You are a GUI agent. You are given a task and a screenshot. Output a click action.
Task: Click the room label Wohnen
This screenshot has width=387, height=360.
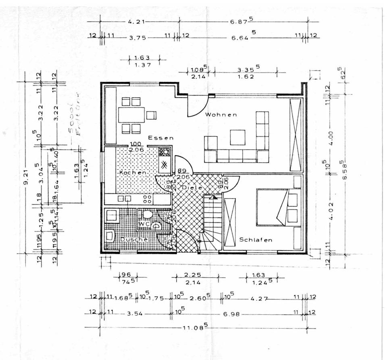pyautogui.click(x=221, y=115)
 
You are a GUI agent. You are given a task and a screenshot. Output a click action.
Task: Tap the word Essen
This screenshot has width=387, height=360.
pyautogui.click(x=160, y=138)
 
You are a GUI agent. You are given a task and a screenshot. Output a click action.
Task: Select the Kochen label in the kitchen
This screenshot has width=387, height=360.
pyautogui.click(x=132, y=172)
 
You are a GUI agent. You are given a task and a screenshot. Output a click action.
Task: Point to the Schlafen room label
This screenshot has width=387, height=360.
pyautogui.click(x=256, y=240)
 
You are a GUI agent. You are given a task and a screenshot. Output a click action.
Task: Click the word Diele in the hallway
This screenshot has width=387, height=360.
pyautogui.click(x=189, y=188)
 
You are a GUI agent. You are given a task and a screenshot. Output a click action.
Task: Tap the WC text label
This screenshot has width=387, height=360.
pyautogui.click(x=144, y=224)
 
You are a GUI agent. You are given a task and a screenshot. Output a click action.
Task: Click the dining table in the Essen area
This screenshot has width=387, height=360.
pyautogui.click(x=131, y=115)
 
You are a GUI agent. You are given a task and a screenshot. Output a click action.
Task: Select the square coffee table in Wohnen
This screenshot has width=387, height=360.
pyautogui.click(x=237, y=137)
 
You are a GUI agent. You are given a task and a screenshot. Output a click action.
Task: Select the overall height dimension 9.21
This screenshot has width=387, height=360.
pyautogui.click(x=25, y=178)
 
